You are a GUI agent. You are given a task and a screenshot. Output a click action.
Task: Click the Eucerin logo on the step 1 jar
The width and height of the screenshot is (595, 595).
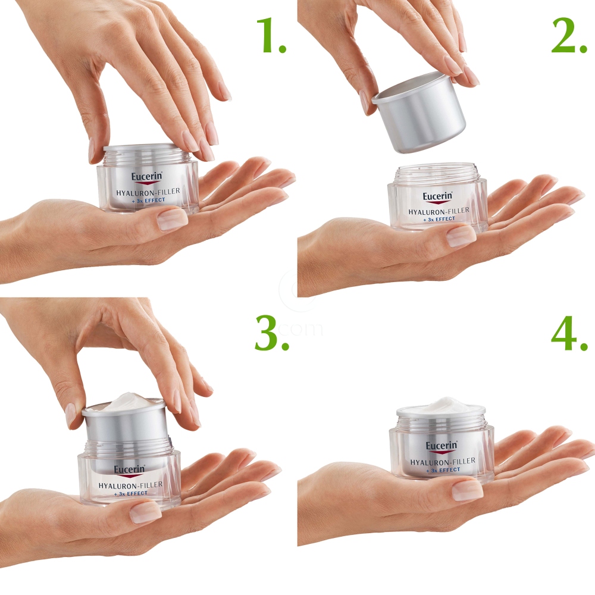(147, 177)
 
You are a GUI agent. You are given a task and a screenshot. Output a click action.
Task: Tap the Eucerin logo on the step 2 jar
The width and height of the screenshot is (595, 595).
(438, 197)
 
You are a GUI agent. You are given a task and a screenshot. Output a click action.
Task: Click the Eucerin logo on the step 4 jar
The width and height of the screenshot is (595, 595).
(441, 446)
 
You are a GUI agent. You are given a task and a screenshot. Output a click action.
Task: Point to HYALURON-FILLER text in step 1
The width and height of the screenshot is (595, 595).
(149, 191)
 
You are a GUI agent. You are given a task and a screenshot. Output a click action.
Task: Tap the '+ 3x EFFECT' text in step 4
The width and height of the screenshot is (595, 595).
(442, 469)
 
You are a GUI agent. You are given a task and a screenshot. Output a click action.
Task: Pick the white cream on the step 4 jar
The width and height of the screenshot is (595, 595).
(441, 405)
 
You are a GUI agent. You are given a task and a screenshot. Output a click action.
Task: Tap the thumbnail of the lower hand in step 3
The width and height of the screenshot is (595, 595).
(146, 512)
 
